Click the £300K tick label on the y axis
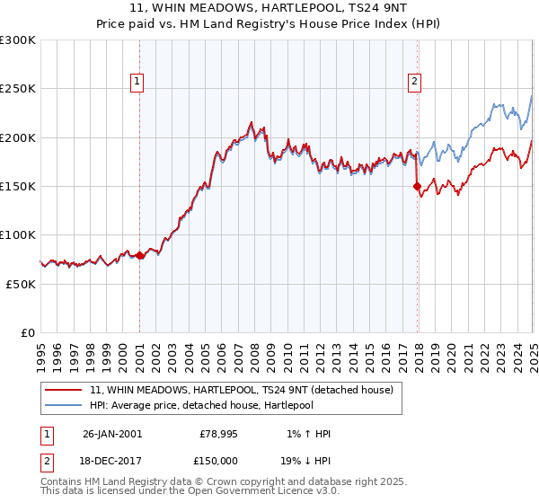point(18,40)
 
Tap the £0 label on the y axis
point(28,332)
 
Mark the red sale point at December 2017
point(417,187)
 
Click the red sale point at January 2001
point(140,256)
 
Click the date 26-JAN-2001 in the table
point(112,434)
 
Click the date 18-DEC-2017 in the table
point(112,459)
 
